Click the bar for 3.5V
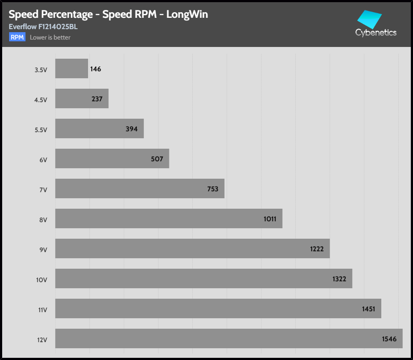point(72,69)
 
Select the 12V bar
point(229,338)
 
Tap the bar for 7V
point(140,188)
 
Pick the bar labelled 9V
point(192,248)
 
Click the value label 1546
point(390,339)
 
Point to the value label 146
point(96,69)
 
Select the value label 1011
point(270,219)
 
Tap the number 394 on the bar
point(131,129)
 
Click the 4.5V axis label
point(40,100)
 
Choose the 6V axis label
point(43,160)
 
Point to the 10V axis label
point(42,280)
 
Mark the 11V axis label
point(42,310)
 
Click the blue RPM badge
point(17,37)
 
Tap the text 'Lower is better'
point(50,37)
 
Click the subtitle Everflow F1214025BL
point(43,27)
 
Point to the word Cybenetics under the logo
point(376,33)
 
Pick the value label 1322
point(339,279)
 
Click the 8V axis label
point(43,220)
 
